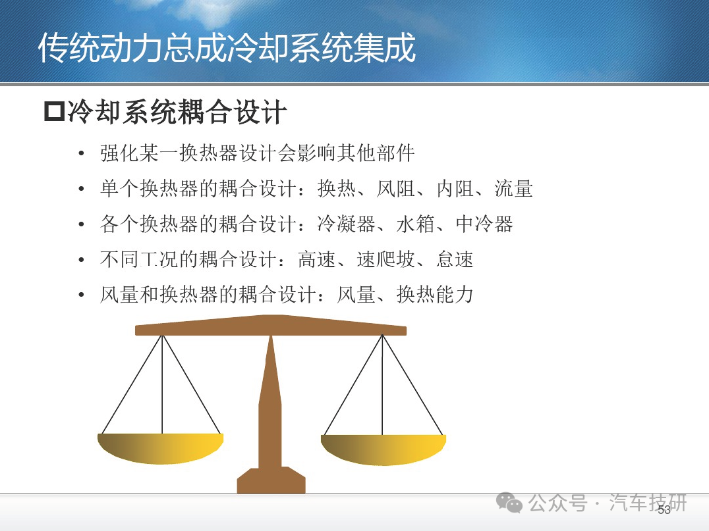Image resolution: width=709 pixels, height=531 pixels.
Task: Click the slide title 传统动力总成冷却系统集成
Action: [227, 48]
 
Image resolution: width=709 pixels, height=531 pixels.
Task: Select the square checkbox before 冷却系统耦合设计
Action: [55, 111]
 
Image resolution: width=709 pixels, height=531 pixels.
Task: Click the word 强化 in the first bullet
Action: [119, 153]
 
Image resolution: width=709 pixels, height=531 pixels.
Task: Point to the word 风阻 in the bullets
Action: [395, 188]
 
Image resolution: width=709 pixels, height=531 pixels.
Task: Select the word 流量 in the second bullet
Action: [514, 188]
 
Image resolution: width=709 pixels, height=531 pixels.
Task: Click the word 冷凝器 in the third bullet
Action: [347, 224]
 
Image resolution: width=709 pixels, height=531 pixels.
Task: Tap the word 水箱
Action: [416, 224]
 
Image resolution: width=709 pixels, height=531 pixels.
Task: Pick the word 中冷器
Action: [484, 224]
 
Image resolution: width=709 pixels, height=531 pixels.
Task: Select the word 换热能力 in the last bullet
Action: [435, 295]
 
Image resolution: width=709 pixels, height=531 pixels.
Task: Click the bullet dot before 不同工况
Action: [82, 260]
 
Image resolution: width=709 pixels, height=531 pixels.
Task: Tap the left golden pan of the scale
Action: [161, 448]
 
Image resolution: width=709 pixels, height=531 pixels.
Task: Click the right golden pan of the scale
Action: [383, 449]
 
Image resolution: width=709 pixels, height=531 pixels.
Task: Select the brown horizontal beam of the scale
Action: [271, 326]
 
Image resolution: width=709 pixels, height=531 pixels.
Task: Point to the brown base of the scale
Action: [271, 480]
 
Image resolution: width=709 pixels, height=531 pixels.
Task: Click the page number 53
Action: [664, 510]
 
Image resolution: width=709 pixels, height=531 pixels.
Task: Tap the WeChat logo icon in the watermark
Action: [509, 503]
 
